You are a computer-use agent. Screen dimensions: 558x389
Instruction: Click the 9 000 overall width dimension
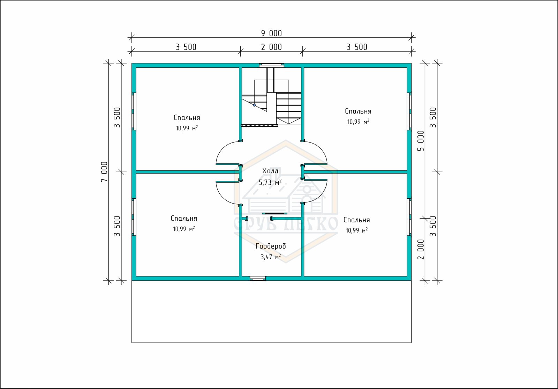coord(271,33)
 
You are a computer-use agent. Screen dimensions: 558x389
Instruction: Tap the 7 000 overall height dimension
coord(104,171)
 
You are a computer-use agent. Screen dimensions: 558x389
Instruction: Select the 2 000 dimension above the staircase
coord(271,47)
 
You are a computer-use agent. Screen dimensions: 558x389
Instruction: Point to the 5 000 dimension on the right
coord(421,141)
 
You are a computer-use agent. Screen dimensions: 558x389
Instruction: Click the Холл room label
coord(270,171)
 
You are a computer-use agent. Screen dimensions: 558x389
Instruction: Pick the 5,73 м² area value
coord(270,183)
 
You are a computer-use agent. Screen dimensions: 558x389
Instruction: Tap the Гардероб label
coord(271,246)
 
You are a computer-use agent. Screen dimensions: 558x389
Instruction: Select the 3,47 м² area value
coord(271,257)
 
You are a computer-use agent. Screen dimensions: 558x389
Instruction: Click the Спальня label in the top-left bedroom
coord(187,118)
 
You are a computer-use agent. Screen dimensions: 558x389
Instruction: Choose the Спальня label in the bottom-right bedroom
coord(356,220)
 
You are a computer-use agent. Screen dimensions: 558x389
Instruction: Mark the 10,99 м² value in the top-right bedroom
coord(358,122)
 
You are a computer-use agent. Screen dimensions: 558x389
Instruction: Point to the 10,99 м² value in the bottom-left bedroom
coord(184,229)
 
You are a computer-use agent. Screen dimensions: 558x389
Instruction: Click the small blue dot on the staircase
coord(254,105)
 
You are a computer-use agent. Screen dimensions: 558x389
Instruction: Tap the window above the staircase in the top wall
coord(272,66)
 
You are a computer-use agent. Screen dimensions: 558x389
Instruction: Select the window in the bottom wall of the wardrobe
coord(258,279)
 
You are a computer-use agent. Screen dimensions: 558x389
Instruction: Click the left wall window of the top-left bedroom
coord(134,111)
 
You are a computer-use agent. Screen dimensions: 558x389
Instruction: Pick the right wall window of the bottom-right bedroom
coord(409,217)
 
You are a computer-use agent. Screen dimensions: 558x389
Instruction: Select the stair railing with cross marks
coord(259,125)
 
